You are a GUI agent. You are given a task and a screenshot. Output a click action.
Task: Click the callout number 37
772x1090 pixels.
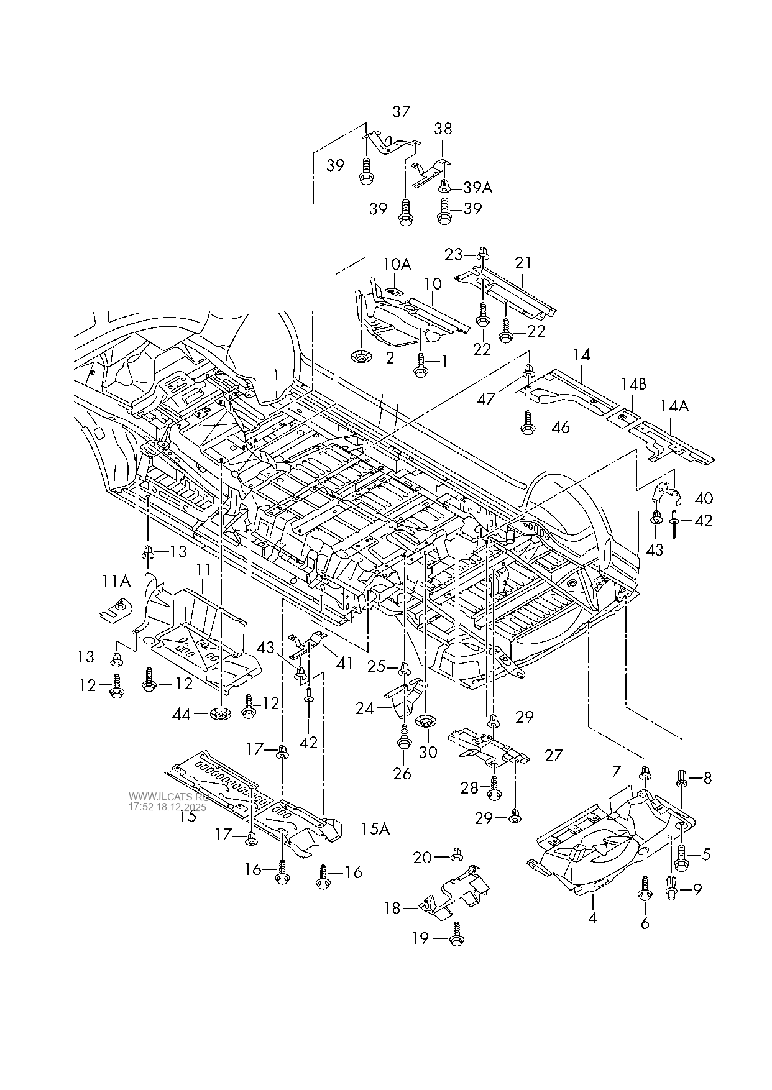coord(402,112)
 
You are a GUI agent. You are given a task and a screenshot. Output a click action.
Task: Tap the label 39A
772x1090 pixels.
coord(477,188)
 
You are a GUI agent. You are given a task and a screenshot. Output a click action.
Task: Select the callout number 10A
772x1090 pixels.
coord(397,265)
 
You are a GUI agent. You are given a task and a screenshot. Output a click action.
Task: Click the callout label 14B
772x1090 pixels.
coord(633,385)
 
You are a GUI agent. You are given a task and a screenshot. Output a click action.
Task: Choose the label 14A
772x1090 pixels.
coord(674,406)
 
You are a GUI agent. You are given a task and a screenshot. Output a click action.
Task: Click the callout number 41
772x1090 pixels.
coord(344,663)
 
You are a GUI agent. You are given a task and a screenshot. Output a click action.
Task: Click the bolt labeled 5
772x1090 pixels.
coord(681,854)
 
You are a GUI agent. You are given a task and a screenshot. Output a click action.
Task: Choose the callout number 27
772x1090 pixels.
coord(553,755)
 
